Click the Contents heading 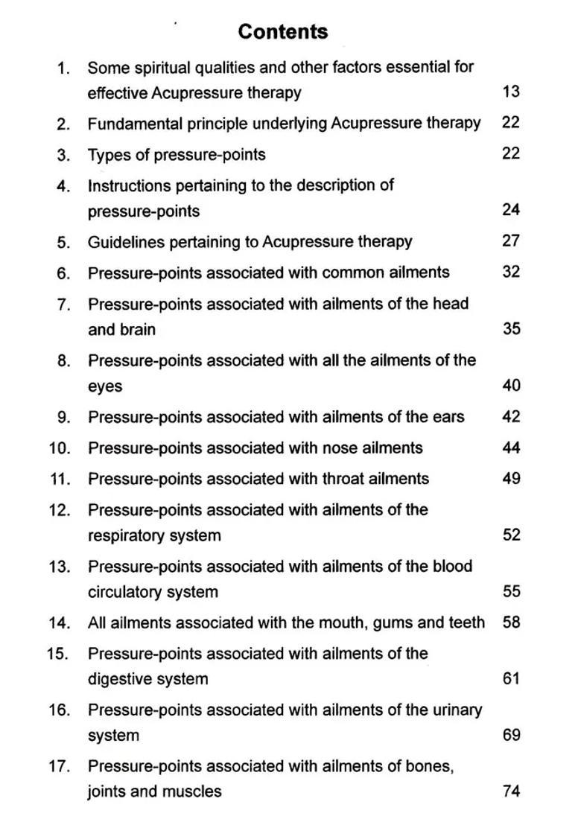pyautogui.click(x=282, y=32)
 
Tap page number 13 pyautogui.click(x=511, y=92)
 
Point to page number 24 pyautogui.click(x=511, y=210)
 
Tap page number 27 pyautogui.click(x=511, y=241)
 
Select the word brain pyautogui.click(x=137, y=329)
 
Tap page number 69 pyautogui.click(x=511, y=736)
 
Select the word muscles pyautogui.click(x=195, y=791)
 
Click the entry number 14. pyautogui.click(x=60, y=623)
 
